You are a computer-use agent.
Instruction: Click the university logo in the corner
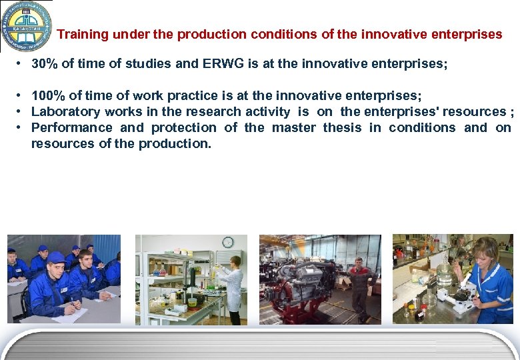pyautogui.click(x=27, y=25)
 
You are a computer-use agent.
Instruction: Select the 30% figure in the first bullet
pyautogui.click(x=45, y=65)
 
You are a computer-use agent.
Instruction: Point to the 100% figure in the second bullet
pyautogui.click(x=48, y=96)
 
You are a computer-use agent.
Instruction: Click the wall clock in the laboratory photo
pyautogui.click(x=227, y=242)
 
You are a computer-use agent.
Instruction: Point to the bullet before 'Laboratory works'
pyautogui.click(x=22, y=111)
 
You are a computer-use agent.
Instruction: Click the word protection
pyautogui.click(x=184, y=127)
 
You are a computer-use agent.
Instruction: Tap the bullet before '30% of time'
pyautogui.click(x=22, y=65)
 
